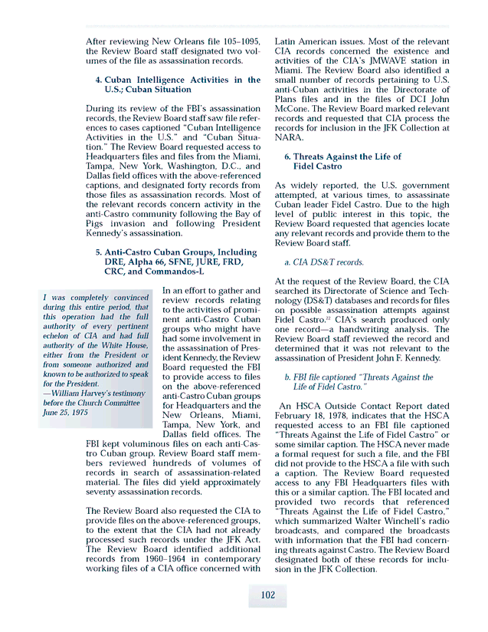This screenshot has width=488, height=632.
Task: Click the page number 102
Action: point(267,595)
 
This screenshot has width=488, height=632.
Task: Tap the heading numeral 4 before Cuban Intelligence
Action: point(98,80)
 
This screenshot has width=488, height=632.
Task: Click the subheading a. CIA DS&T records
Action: point(323,262)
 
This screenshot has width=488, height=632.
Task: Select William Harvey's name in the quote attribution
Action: point(82,393)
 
